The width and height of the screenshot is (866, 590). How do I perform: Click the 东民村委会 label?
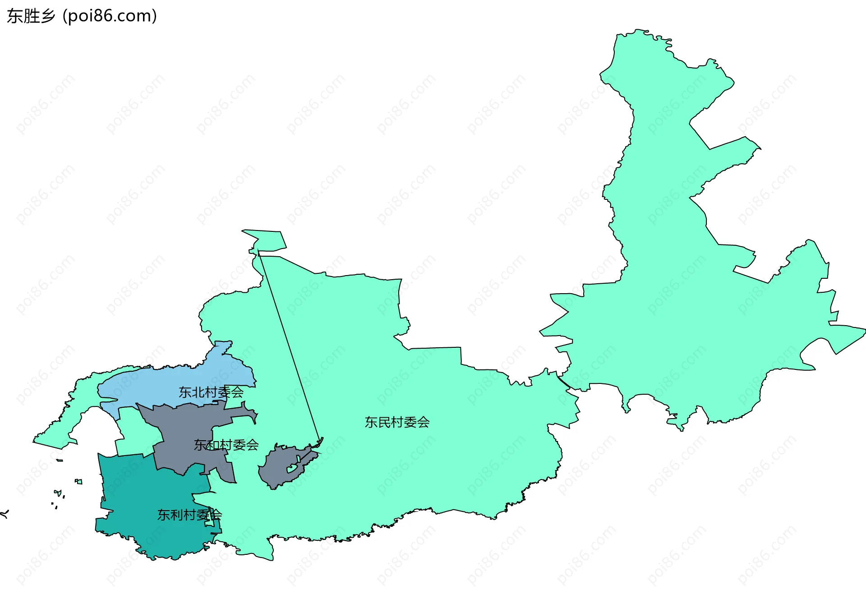[x=397, y=422]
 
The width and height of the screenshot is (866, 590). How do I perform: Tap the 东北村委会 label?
[x=211, y=392]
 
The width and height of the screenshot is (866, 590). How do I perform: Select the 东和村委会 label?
[x=226, y=445]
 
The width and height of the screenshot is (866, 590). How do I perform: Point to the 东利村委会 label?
[x=189, y=515]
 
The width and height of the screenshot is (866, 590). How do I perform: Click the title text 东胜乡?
[x=31, y=16]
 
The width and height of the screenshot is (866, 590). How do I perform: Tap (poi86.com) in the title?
[x=110, y=16]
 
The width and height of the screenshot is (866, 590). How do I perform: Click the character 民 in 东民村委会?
[x=384, y=422]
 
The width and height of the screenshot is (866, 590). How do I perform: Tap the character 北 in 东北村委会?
[x=198, y=392]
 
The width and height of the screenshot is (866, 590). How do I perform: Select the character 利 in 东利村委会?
[x=176, y=515]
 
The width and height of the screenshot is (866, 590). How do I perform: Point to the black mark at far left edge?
[x=5, y=513]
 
